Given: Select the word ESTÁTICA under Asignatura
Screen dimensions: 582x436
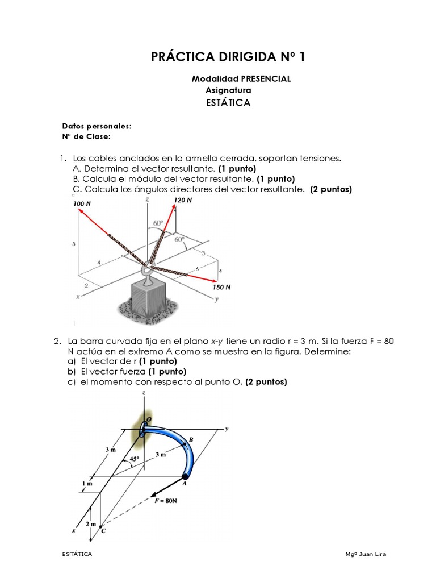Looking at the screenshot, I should [x=227, y=103].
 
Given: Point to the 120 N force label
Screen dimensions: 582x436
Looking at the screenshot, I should [x=183, y=201].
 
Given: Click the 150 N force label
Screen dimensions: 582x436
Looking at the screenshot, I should [x=221, y=287].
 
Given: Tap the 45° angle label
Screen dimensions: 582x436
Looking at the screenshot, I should [x=135, y=459].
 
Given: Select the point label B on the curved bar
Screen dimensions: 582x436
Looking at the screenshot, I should [x=191, y=439].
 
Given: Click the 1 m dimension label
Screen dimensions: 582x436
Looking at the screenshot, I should [x=87, y=484].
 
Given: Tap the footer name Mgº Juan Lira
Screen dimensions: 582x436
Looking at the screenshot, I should [x=365, y=554].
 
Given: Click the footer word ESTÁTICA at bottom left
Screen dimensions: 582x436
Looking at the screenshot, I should [x=77, y=554].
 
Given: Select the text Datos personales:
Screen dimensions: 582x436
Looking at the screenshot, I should [x=97, y=126].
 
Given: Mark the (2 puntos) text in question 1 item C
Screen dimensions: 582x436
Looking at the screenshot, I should [x=331, y=189].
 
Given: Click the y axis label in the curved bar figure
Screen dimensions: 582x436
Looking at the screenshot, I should [x=226, y=429].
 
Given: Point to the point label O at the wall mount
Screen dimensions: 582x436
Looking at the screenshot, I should [x=148, y=419].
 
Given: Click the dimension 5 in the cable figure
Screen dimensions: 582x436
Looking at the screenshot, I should [x=74, y=243].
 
